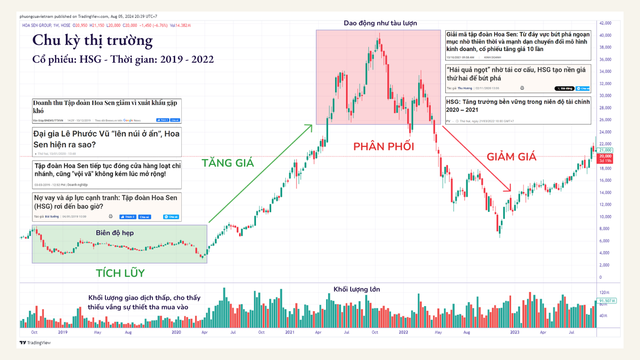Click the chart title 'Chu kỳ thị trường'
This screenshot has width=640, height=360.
coord(92,41)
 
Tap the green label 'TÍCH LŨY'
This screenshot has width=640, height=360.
coord(120,273)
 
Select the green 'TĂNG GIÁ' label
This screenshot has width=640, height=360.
coord(228,163)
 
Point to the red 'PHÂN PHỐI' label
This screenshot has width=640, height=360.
coord(384,146)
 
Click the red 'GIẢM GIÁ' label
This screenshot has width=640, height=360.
coord(512,156)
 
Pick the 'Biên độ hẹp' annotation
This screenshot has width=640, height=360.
coord(115,233)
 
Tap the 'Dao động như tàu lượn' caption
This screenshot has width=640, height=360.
coord(380,23)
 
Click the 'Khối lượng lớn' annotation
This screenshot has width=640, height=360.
coord(356,289)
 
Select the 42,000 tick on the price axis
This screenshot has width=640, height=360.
coord(606,23)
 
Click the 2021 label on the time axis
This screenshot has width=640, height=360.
coord(290,332)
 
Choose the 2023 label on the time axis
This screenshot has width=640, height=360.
coord(515,332)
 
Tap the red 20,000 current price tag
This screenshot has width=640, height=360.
coord(606,156)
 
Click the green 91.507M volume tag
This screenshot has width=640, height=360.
coord(608,301)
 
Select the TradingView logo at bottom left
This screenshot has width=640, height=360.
coord(35,343)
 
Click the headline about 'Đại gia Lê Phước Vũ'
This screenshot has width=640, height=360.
coord(107,139)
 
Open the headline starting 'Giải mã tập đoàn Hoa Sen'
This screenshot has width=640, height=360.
coord(518,41)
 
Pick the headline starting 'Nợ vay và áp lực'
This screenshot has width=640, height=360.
coord(107,202)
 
